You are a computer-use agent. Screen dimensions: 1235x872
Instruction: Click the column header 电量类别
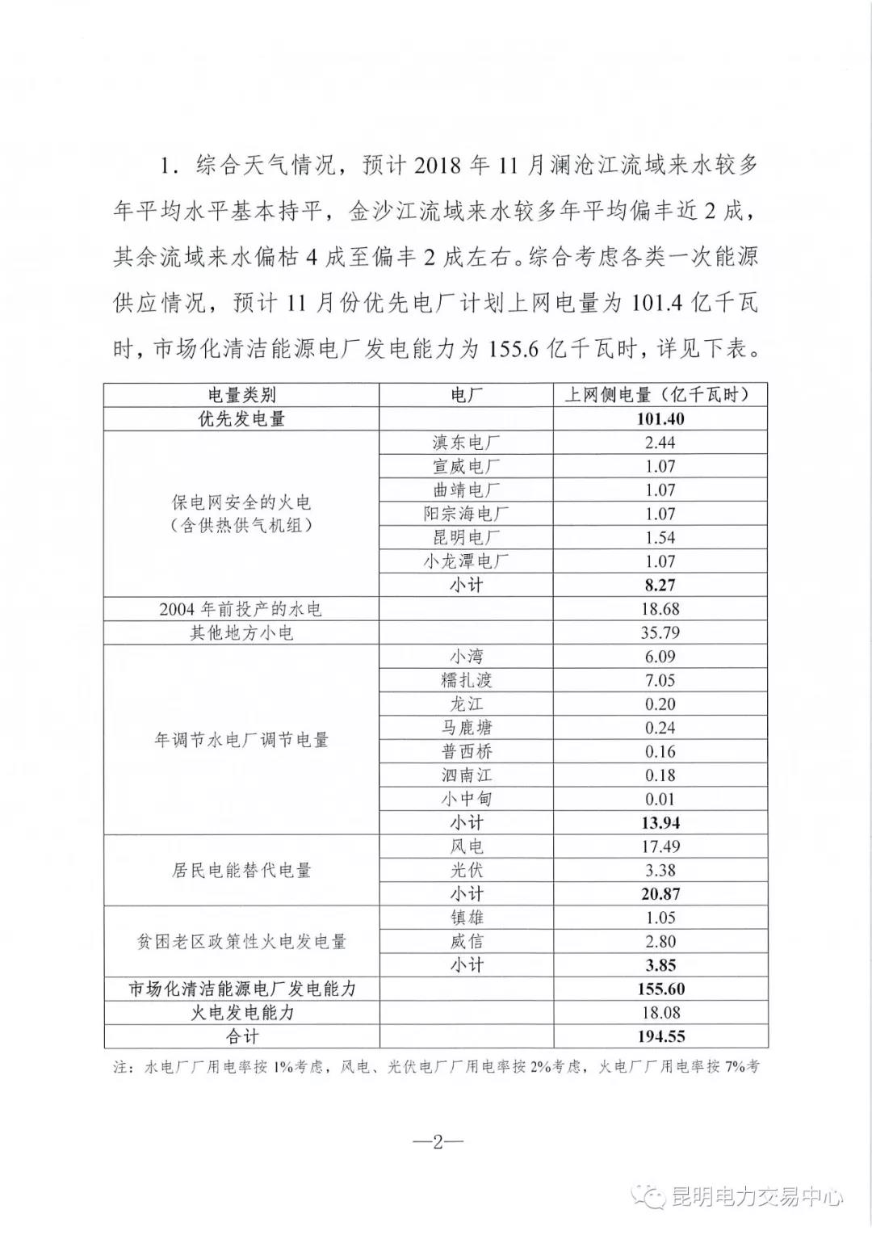point(241,395)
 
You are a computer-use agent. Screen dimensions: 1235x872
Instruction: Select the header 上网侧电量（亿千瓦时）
point(660,395)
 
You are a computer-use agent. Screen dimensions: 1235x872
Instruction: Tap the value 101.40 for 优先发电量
point(660,419)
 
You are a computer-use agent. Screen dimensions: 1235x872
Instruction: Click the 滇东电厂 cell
point(466,443)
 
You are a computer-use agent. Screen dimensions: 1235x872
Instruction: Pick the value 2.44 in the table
point(660,443)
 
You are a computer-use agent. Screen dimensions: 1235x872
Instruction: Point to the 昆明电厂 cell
point(466,537)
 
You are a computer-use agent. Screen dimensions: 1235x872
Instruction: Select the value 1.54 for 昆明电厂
point(660,537)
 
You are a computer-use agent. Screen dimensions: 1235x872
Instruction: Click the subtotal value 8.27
point(660,585)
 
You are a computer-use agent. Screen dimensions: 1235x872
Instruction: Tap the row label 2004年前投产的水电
point(241,609)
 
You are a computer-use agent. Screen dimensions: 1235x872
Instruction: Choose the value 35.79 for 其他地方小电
point(660,632)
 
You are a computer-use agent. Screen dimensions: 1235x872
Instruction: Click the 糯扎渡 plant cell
point(466,680)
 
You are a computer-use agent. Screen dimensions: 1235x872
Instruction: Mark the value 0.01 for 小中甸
point(660,799)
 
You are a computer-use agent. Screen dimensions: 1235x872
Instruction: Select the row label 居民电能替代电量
point(241,870)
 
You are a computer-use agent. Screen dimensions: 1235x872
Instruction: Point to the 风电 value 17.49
point(660,846)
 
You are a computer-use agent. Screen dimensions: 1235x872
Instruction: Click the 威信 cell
point(466,941)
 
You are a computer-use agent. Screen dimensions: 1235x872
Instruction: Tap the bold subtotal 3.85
point(660,965)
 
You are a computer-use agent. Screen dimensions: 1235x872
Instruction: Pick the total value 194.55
point(660,1036)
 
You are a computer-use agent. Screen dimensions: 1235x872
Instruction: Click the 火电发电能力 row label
point(241,1013)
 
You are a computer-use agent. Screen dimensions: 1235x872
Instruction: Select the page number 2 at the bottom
point(437,1142)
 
